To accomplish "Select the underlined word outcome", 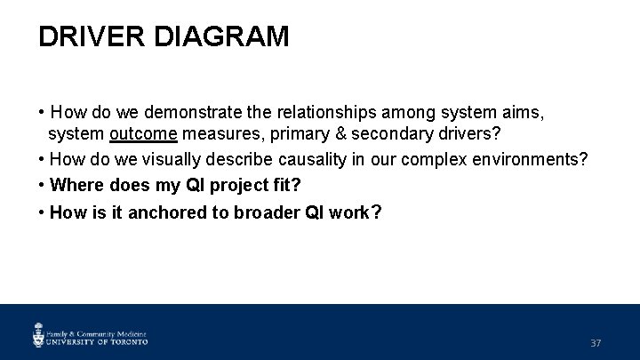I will click(x=144, y=133).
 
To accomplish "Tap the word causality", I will click(x=316, y=159).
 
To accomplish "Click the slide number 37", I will click(x=596, y=343).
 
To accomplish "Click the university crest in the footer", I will click(x=39, y=334).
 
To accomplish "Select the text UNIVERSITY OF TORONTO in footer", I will click(x=97, y=340).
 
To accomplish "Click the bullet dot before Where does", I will click(x=43, y=185).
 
